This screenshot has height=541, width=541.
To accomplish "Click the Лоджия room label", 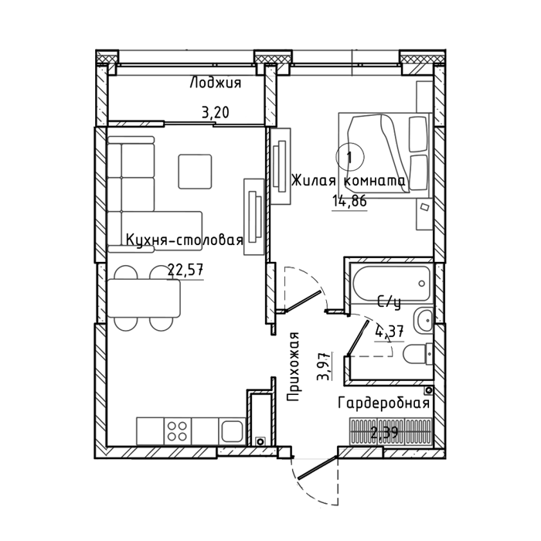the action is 216,83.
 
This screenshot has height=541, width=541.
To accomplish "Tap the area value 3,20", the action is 216,113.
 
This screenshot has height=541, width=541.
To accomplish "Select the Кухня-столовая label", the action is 185,240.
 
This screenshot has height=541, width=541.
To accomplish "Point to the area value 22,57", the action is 185,270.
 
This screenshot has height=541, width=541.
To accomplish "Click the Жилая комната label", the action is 349,180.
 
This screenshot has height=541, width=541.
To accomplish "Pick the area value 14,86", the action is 349,200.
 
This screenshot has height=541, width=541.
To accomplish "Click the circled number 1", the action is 349,157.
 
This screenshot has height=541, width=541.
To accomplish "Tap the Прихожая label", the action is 293,367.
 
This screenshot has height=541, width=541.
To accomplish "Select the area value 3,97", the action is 323,366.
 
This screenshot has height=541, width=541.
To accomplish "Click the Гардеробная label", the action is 384,403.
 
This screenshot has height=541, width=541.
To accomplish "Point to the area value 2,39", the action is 384,432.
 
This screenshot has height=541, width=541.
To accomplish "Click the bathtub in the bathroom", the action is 390,283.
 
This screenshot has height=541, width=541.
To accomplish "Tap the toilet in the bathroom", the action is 417,354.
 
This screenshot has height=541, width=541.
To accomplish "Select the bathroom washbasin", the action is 423,321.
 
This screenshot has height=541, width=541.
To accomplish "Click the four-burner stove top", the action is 177,431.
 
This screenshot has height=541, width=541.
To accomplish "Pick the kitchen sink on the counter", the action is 232,431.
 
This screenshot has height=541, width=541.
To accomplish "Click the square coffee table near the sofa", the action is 195,172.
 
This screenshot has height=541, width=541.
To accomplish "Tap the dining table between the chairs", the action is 144,298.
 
